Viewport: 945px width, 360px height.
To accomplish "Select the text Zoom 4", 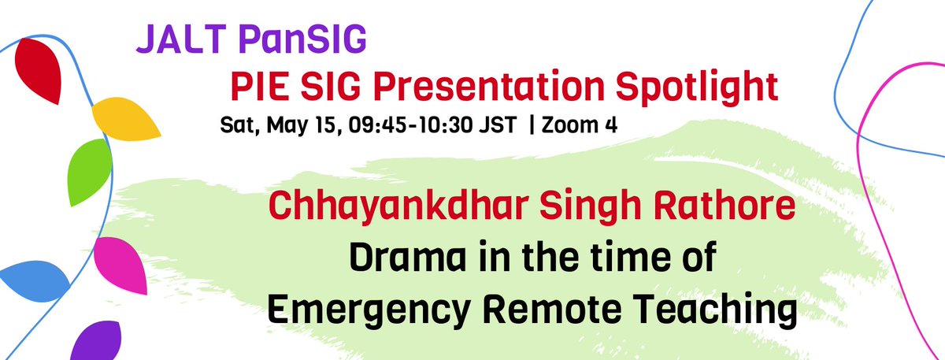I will [x=576, y=125].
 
